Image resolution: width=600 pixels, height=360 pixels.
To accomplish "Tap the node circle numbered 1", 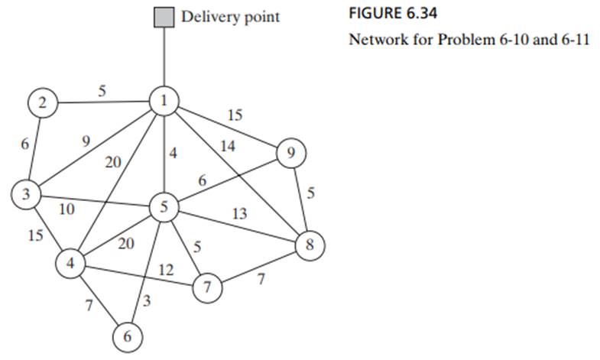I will click(164, 101).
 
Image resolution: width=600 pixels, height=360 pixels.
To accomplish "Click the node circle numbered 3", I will click(25, 193).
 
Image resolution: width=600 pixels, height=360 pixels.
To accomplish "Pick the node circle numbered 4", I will click(70, 264).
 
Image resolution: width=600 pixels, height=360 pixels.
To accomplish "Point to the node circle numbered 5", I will click(164, 206).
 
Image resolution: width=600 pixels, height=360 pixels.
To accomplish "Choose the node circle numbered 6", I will click(127, 335).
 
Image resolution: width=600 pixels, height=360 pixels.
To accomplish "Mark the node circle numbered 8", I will click(310, 245).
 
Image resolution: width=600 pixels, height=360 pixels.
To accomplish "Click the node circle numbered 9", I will click(290, 153).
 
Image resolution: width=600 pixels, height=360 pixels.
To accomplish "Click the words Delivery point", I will click(230, 17).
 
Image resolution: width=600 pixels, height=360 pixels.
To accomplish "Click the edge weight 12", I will click(166, 269).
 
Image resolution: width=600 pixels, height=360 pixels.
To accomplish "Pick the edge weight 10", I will click(66, 207).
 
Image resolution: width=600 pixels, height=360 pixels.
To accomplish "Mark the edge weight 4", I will click(174, 153).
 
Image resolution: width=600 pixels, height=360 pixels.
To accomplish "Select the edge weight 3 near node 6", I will click(148, 303).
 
